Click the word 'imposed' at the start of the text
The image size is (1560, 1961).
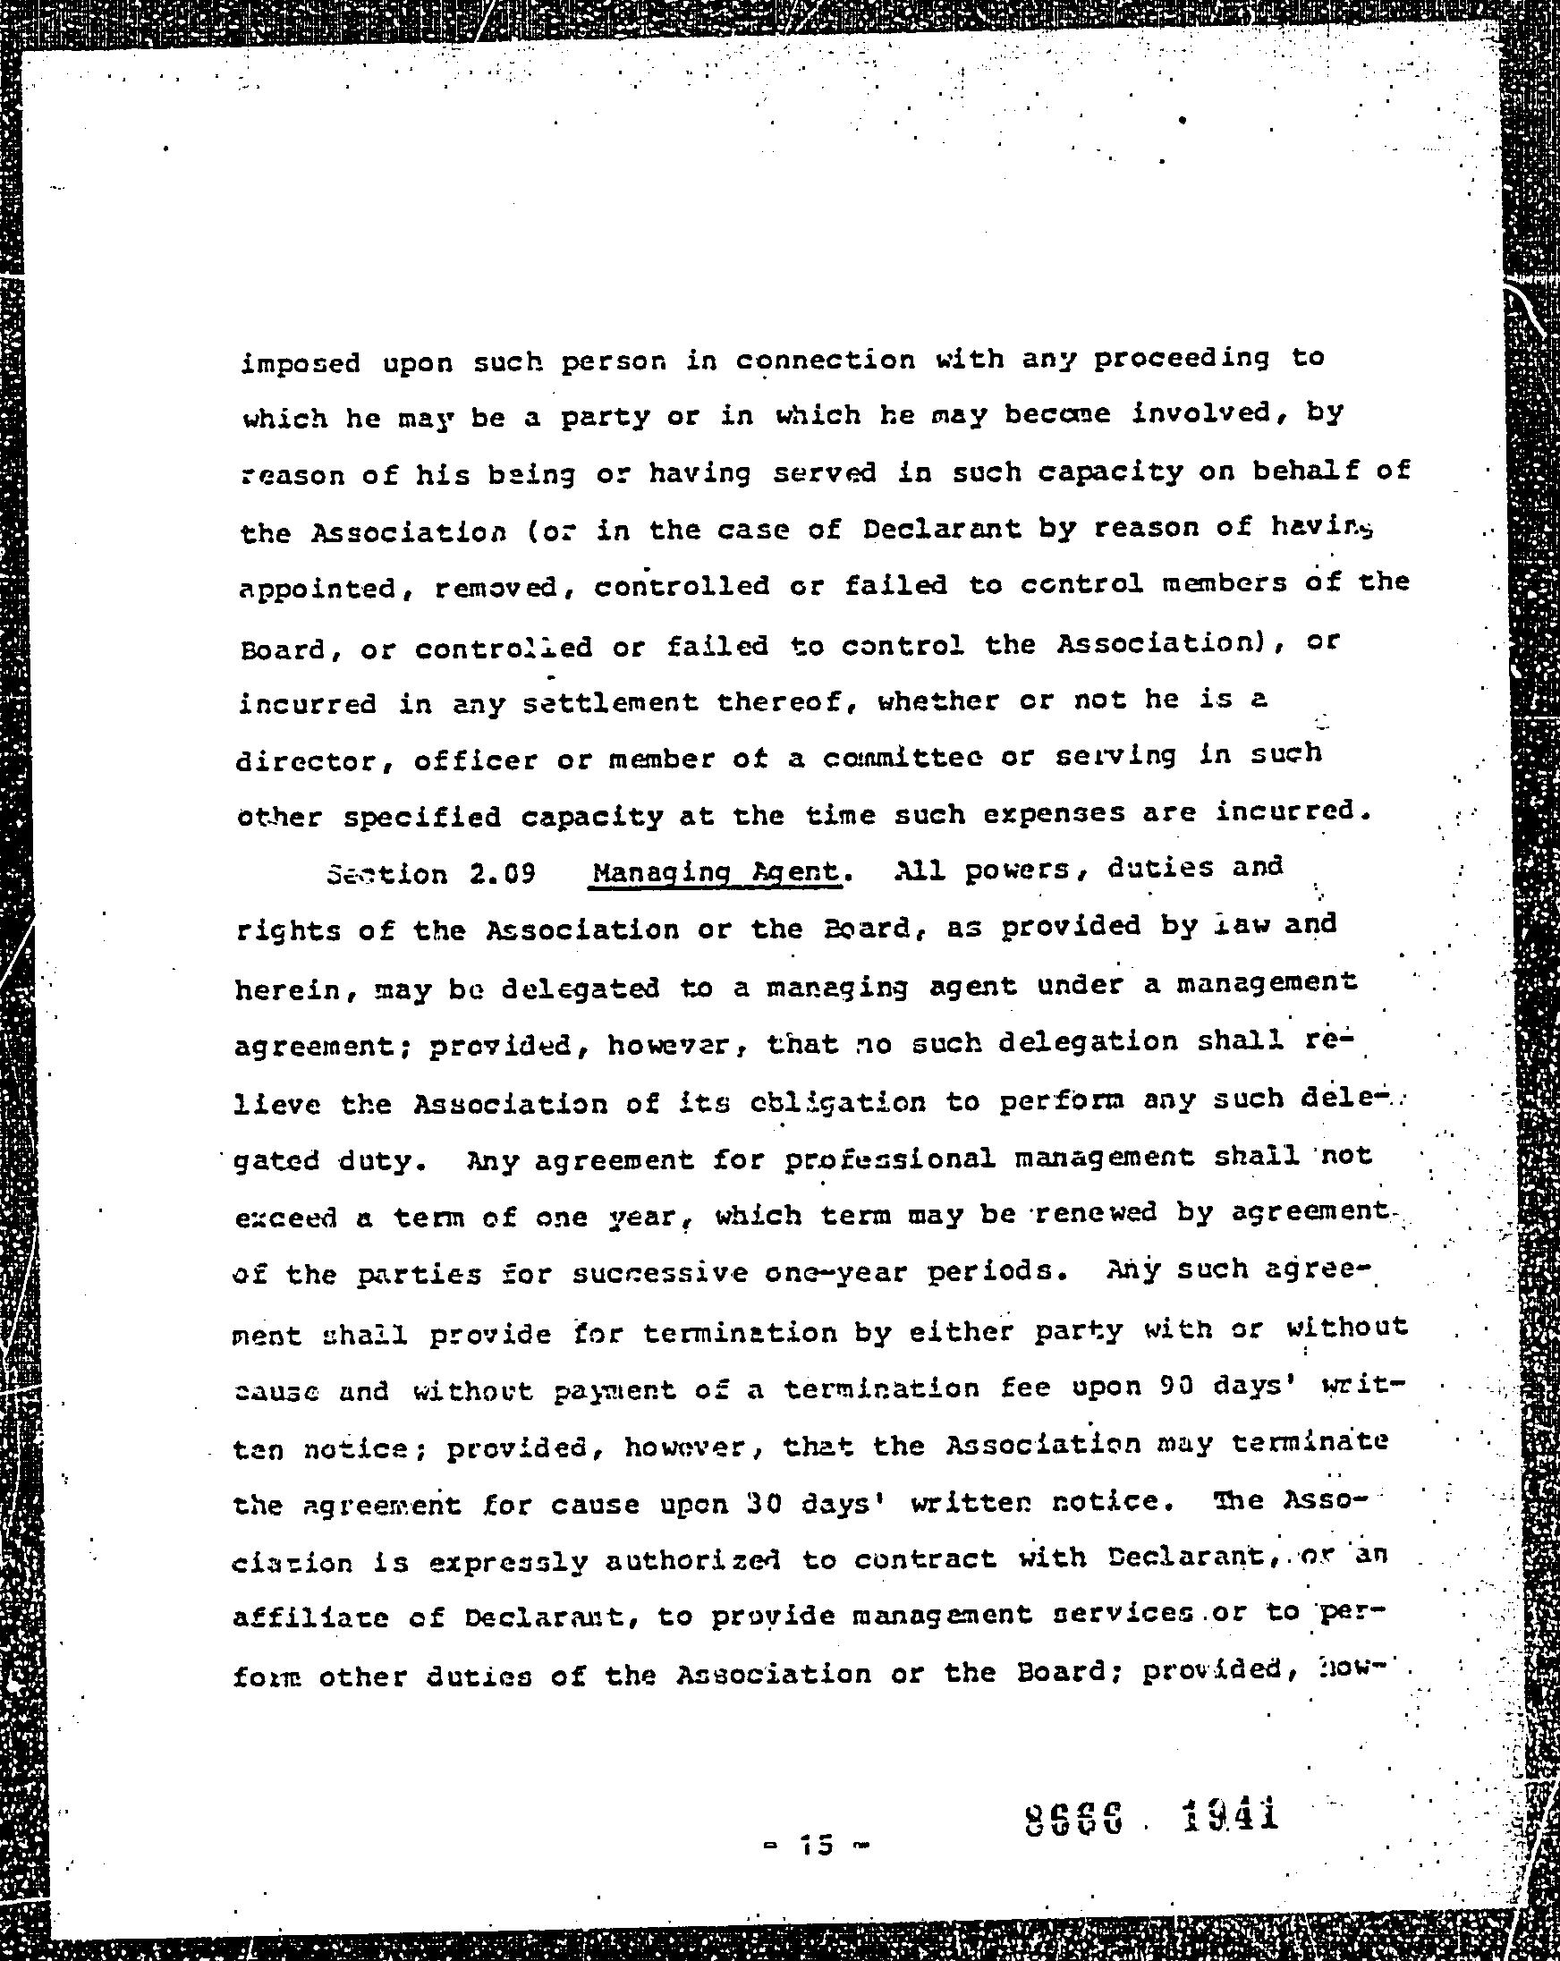pos(300,364)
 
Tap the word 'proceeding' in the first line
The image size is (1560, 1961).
pos(1180,359)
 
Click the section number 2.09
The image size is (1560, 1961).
pos(502,874)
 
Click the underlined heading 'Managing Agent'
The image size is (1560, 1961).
pos(716,871)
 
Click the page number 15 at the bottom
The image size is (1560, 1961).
pos(816,1846)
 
